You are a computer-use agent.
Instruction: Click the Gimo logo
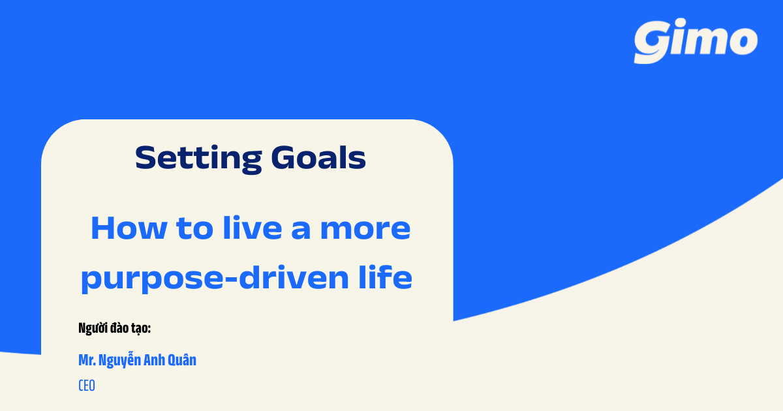pos(696,42)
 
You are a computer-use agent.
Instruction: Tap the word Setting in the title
pos(192,158)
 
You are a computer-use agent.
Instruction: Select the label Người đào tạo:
pos(114,328)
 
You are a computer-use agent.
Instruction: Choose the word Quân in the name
pos(183,360)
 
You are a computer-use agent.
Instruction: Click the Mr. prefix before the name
pos(87,360)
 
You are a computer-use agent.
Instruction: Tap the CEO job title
pos(87,385)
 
